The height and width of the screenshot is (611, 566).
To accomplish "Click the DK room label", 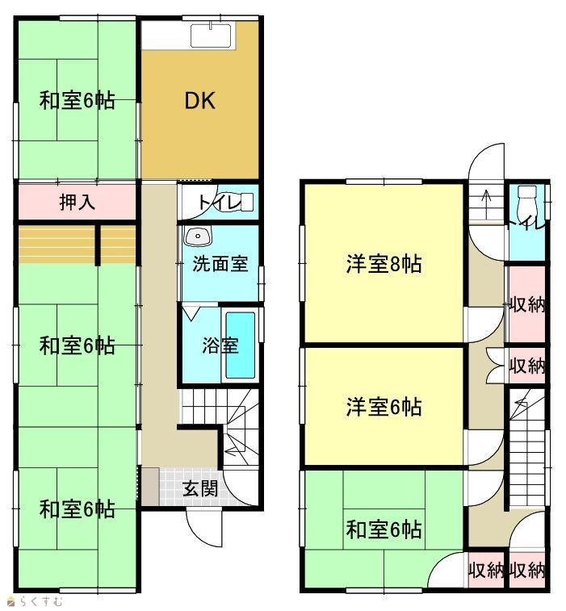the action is pos(199,101).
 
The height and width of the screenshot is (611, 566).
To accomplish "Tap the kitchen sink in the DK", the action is pos(211,36).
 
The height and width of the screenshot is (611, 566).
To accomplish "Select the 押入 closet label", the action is pos(78,203).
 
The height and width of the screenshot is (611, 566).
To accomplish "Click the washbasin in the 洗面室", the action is pos(198,236).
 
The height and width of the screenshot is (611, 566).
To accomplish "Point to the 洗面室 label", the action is pos(220,264).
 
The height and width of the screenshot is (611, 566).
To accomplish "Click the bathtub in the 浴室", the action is pos(240,345).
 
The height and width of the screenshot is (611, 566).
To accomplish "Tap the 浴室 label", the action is pos(220,345).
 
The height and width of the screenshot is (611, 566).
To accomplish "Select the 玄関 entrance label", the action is pos(200,488).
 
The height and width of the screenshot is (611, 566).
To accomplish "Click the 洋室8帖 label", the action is pos(384,264).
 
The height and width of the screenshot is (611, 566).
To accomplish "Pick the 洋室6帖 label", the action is pos(384,407).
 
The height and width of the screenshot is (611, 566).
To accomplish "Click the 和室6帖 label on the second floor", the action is pos(384,529).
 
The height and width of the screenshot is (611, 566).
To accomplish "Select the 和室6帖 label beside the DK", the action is pos(78,101).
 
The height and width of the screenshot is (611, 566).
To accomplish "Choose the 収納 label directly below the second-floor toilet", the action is pos(527,305).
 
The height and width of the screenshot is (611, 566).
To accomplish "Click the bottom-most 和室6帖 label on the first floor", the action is pos(78,509).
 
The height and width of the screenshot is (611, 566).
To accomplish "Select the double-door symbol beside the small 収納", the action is pos(496,366).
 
